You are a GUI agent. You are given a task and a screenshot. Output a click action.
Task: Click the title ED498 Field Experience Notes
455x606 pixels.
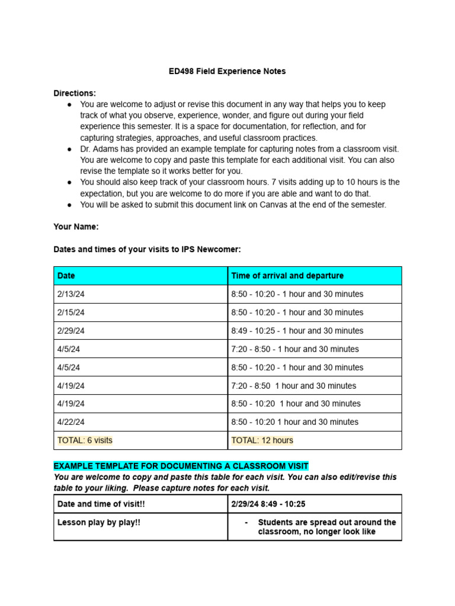tap(227, 71)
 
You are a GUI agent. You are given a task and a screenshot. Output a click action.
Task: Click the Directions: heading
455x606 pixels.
tap(75, 93)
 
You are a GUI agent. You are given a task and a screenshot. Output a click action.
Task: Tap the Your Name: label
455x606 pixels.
tap(76, 227)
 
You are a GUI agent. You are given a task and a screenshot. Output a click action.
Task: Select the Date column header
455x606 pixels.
tap(66, 276)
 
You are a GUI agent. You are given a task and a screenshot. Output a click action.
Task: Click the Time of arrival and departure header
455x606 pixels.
tap(287, 276)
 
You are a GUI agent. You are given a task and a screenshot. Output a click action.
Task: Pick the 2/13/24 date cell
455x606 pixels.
tap(71, 294)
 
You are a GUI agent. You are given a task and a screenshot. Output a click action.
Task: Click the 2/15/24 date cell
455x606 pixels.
tap(71, 312)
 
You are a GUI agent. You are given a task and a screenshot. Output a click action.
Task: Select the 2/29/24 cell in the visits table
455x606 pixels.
tap(71, 331)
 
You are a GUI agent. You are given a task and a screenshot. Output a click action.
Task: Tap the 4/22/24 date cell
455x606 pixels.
tap(71, 422)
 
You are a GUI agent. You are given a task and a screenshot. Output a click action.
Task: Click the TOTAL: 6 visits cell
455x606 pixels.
tap(85, 440)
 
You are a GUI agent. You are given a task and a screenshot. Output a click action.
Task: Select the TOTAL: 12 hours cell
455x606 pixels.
tap(262, 440)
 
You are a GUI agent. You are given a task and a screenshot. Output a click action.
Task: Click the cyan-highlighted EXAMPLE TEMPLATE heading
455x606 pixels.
tap(181, 466)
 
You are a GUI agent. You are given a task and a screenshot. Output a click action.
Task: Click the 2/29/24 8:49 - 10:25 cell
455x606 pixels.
tap(268, 504)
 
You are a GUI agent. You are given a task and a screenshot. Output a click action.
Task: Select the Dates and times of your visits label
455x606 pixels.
tap(147, 249)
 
